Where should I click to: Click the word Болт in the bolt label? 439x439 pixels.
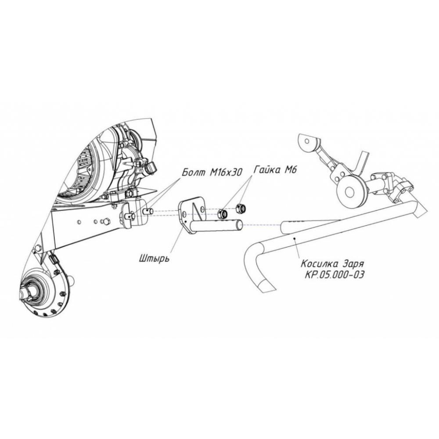(193, 172)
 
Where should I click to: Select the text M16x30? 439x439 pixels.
(226, 173)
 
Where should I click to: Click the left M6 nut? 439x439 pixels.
(222, 214)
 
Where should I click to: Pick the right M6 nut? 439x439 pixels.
(241, 208)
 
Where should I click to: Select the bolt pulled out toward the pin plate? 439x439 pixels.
(147, 210)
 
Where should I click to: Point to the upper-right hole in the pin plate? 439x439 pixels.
(202, 208)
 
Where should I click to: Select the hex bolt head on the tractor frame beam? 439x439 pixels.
(106, 221)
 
